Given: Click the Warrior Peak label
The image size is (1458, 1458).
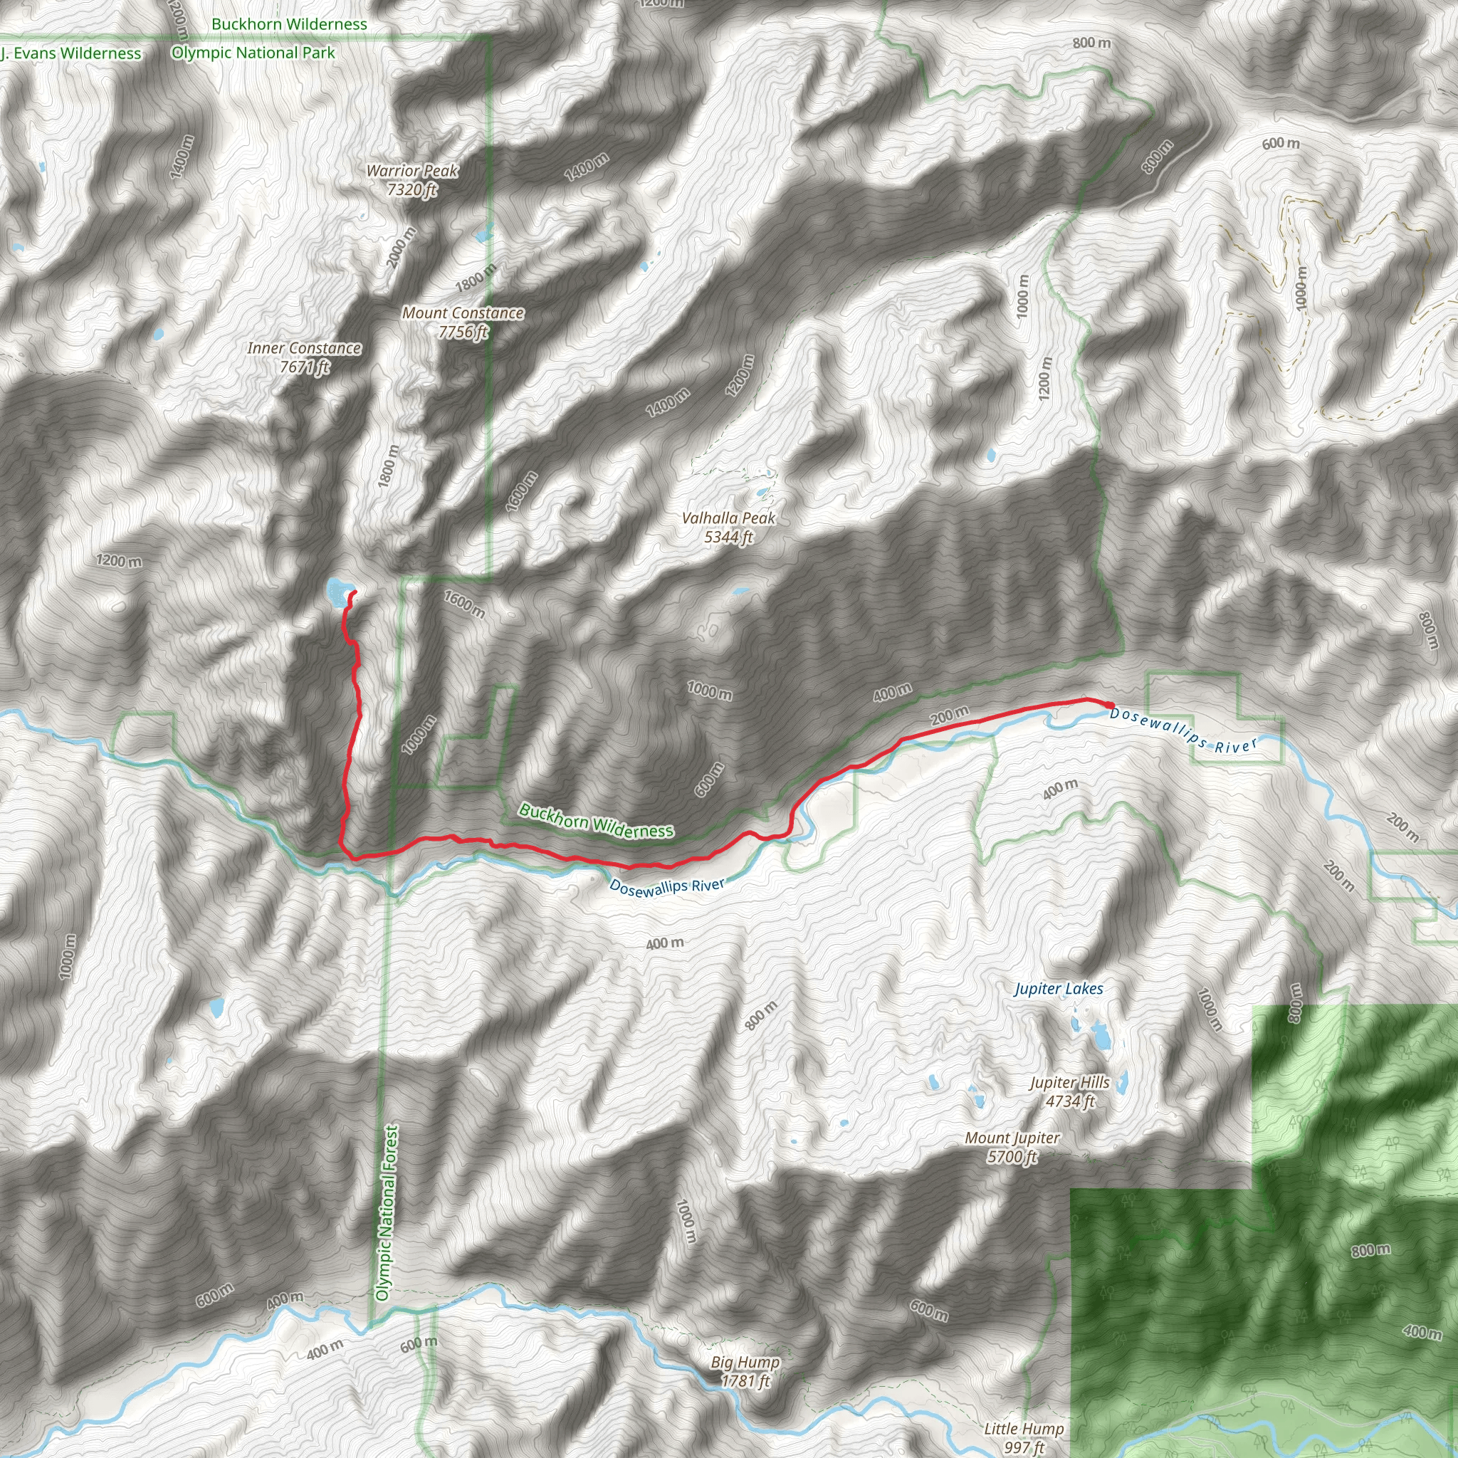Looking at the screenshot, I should click(x=412, y=172).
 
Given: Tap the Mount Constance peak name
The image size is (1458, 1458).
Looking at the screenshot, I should click(x=463, y=313).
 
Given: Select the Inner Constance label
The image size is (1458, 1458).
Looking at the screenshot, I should click(x=303, y=349).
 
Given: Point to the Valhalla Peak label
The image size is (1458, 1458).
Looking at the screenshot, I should click(x=728, y=518).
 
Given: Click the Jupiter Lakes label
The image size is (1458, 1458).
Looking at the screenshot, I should click(x=1058, y=990).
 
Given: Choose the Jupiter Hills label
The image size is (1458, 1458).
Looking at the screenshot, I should click(x=1069, y=1083).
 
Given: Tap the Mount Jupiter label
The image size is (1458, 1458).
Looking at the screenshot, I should click(x=1012, y=1138).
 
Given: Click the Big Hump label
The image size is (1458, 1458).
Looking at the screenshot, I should click(x=745, y=1362).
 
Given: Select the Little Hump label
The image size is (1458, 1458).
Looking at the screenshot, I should click(x=1023, y=1429).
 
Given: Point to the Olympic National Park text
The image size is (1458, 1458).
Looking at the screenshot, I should click(x=253, y=53).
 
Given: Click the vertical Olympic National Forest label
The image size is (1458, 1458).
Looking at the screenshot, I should click(x=387, y=1212).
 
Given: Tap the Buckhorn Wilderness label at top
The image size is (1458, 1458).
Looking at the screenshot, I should click(x=289, y=24).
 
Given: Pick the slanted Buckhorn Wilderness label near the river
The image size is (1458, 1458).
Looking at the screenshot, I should click(x=596, y=821).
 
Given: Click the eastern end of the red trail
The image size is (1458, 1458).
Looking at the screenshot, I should click(x=1111, y=705).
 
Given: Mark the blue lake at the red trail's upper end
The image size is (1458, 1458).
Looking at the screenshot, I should click(x=337, y=591).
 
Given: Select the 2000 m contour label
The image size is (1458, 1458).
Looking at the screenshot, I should click(x=402, y=247).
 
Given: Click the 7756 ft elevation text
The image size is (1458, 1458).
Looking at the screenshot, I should click(x=463, y=332).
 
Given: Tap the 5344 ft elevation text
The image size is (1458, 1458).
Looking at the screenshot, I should click(x=728, y=537).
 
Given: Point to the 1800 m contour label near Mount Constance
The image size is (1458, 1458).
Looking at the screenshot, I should click(x=476, y=278).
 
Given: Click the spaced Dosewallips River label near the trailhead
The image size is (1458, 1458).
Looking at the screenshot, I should click(x=1183, y=730).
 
